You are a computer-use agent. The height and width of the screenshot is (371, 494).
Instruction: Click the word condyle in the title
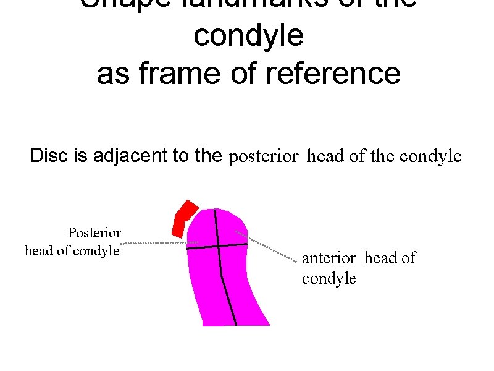pos(248,36)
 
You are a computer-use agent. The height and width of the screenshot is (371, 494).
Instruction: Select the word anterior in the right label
pos(329,258)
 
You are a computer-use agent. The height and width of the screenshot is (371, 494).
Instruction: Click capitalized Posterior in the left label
pos(94,233)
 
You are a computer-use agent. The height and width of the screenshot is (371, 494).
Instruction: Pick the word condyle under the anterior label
pos(329,278)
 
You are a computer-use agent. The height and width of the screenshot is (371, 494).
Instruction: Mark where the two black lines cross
pos(218,246)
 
